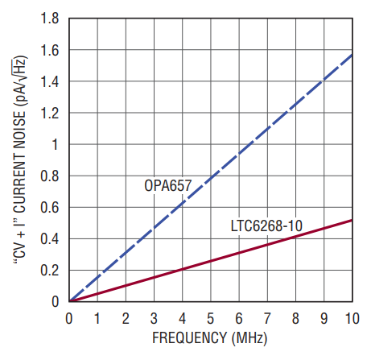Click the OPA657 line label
[168, 185]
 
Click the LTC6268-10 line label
[266, 226]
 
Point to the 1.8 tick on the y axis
[49, 19]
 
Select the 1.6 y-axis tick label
[49, 50]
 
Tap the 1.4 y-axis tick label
[49, 81]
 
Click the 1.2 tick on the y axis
[49, 113]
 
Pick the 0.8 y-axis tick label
[49, 176]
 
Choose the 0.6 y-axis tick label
[49, 207]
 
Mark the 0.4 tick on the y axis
[49, 238]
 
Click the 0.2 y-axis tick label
[49, 271]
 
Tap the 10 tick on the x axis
[352, 319]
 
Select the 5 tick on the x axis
[211, 319]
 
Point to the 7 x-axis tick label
[267, 319]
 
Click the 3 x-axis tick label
[154, 319]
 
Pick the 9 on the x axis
[324, 319]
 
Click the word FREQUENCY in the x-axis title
[190, 337]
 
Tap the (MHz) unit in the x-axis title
[249, 338]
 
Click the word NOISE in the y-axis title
[19, 130]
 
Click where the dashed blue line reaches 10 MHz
[352, 55]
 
